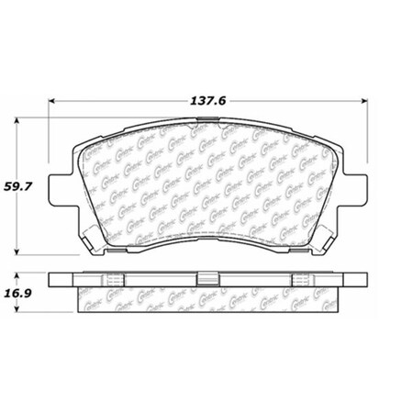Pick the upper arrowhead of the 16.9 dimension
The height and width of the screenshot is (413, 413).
pyautogui.click(x=20, y=274)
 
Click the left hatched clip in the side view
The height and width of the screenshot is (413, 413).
pyautogui.click(x=116, y=279)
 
